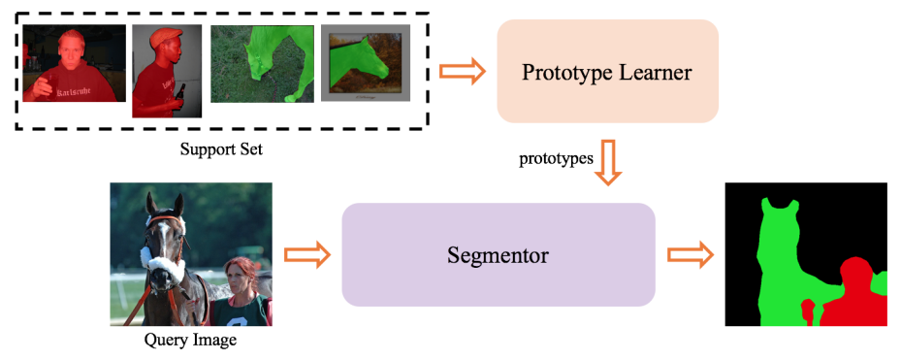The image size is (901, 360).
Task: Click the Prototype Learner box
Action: (607, 71)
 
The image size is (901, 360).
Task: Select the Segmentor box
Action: (499, 255)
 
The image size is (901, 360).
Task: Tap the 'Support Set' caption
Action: (221, 151)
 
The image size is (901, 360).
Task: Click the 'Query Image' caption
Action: (190, 341)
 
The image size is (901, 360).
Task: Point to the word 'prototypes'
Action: (556, 157)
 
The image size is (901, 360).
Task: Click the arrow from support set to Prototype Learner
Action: (461, 71)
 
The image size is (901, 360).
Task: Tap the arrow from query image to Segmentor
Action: (307, 255)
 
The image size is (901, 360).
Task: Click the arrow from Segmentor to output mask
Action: (690, 255)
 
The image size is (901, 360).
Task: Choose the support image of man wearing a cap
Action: (166, 70)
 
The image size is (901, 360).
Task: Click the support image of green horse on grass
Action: (261, 63)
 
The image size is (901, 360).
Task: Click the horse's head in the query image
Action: (162, 233)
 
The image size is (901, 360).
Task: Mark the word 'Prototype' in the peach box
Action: (567, 72)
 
